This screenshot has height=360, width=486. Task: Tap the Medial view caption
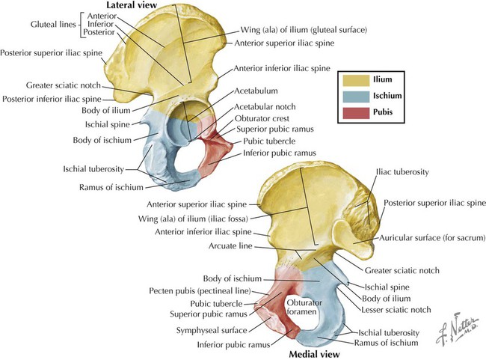(315, 353)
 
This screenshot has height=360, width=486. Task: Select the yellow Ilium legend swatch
(356, 78)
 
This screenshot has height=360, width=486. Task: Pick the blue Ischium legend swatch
(356, 96)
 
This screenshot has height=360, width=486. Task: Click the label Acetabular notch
(263, 107)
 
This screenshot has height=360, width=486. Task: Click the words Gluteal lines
(28, 25)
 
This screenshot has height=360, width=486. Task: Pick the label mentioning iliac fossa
(200, 218)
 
